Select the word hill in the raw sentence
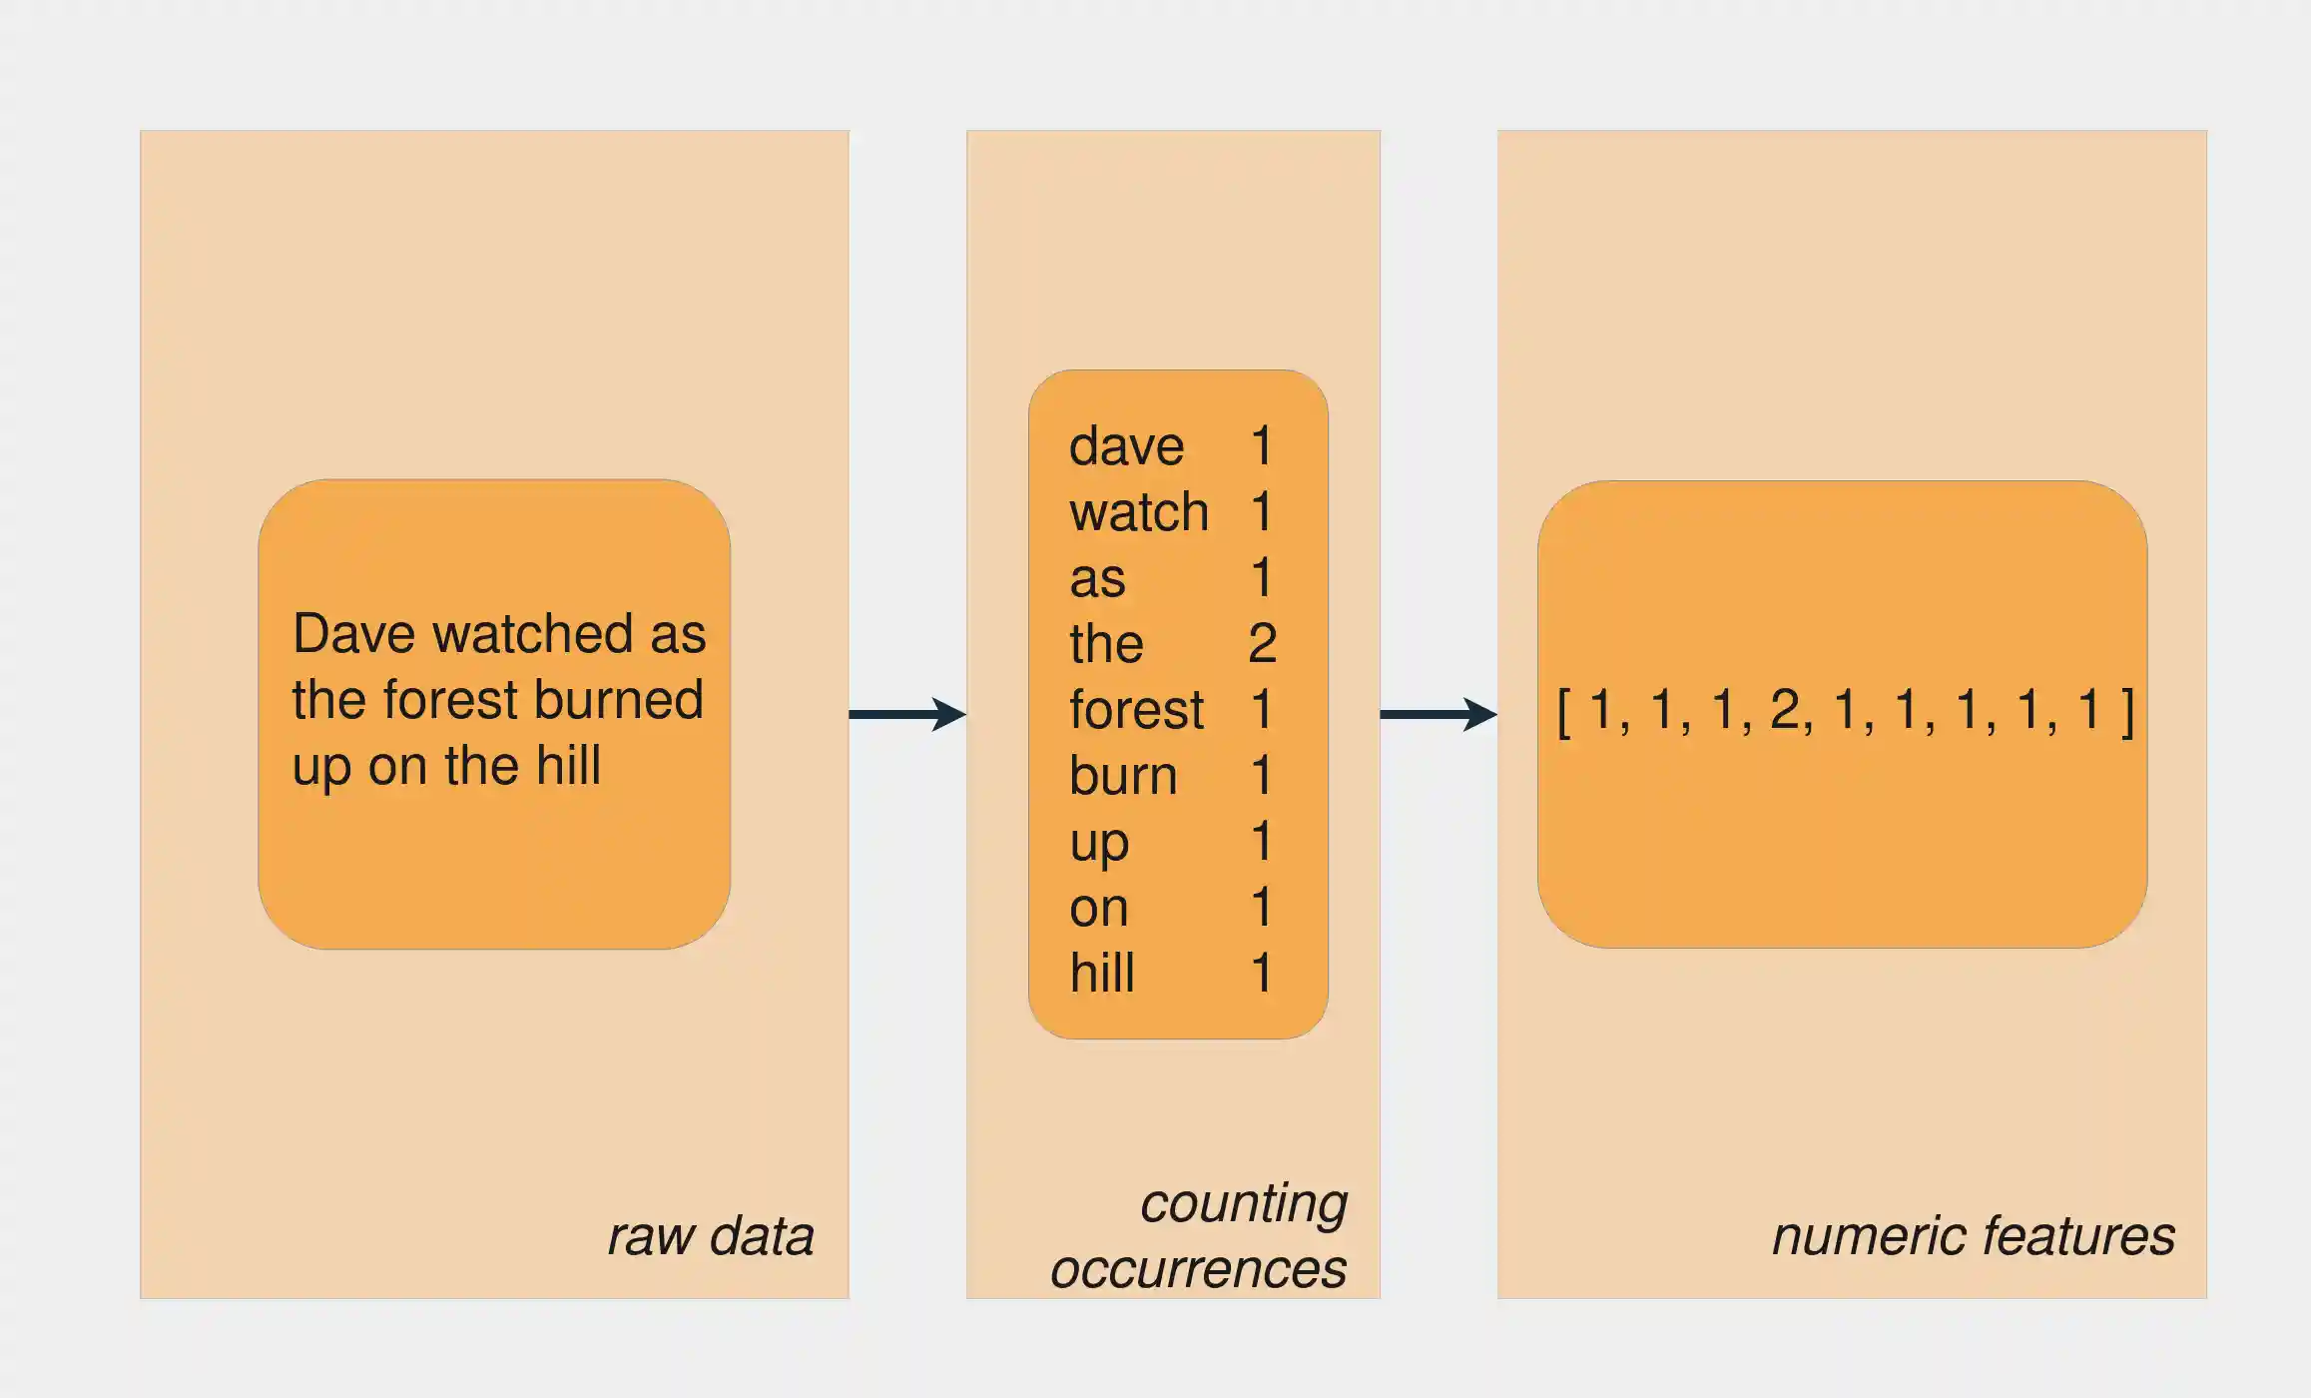568,766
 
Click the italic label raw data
711,1236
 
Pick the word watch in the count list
1139,512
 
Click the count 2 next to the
1262,644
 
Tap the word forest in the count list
1136,710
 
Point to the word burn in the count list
1123,776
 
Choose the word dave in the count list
1126,446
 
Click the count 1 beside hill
1262,973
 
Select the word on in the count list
1098,909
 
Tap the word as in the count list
1097,579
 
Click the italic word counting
1244,1203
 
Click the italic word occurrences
1198,1269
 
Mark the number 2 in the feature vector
1786,711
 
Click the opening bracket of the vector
1564,713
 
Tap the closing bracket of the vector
2128,713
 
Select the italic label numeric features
1973,1236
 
